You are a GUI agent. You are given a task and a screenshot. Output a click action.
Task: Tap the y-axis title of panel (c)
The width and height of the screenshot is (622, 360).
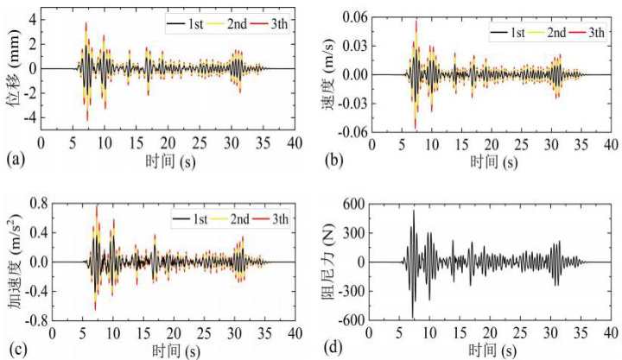(x=12, y=262)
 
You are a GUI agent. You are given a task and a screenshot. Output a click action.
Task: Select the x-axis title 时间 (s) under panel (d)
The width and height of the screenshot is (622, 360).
(x=489, y=349)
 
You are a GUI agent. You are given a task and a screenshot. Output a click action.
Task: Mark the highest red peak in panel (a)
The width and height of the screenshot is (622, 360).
(x=86, y=23)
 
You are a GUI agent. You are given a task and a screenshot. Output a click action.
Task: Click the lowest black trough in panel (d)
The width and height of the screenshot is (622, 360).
(x=413, y=317)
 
